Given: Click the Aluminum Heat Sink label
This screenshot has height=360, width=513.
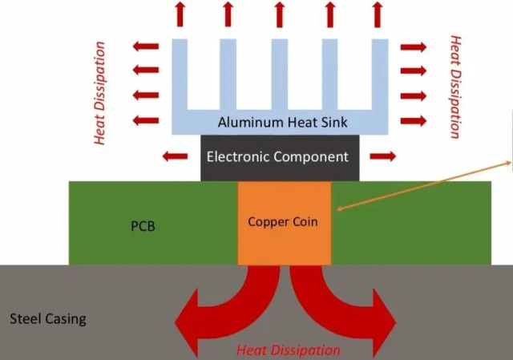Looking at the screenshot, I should [277, 122].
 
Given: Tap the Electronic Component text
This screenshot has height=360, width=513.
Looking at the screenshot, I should [277, 156].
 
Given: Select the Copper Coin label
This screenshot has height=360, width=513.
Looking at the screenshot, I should [285, 221].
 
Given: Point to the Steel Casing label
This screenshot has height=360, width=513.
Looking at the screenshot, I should [47, 319].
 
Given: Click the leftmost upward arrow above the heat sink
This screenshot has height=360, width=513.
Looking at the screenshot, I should [179, 13].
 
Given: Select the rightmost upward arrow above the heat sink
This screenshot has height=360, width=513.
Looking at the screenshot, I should [377, 13].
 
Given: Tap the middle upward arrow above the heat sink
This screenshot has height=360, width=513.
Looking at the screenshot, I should [278, 13].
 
